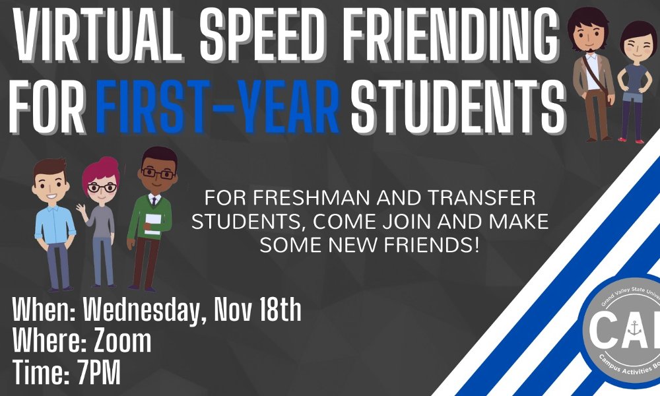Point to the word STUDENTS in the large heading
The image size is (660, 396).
pyautogui.click(x=457, y=104)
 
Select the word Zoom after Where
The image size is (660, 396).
pyautogui.click(x=123, y=341)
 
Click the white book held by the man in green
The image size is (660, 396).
pyautogui.click(x=152, y=224)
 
